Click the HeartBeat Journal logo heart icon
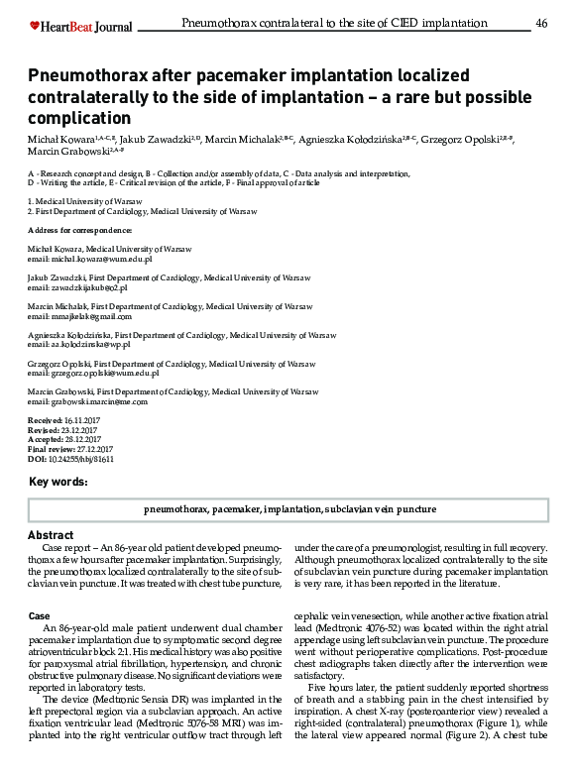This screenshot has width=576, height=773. (35, 25)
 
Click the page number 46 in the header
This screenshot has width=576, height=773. (541, 23)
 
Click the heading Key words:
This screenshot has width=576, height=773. (58, 483)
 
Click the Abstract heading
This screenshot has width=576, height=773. (51, 535)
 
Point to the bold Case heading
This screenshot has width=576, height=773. (39, 616)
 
